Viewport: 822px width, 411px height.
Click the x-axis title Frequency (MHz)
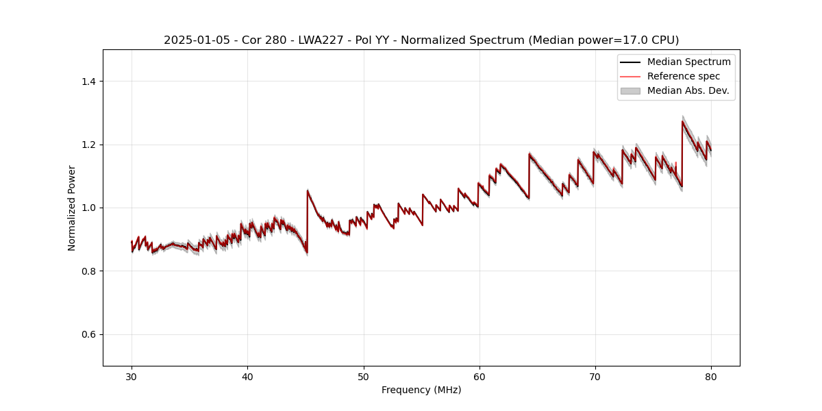pos(421,390)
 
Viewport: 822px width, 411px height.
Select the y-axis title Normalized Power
pos(72,208)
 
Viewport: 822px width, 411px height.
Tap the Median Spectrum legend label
pos(688,62)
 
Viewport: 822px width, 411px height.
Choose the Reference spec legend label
pos(684,76)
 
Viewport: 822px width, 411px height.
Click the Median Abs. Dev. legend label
pos(688,90)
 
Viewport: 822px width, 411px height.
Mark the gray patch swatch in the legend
pos(630,90)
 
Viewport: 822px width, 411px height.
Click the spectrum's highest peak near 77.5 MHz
pos(682,121)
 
